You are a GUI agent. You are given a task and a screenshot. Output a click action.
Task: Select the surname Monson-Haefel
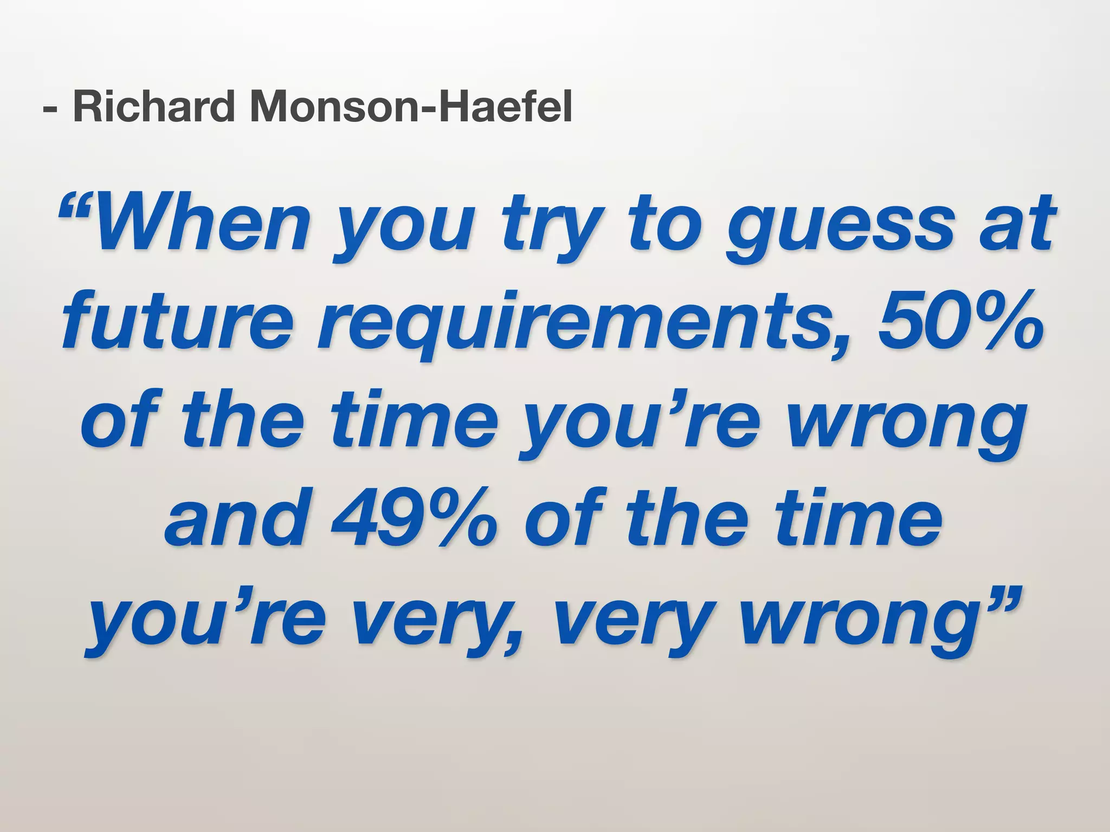coord(411,107)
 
